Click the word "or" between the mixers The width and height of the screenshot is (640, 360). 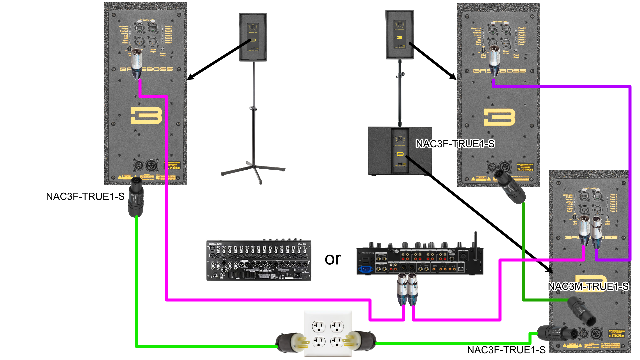point(333,259)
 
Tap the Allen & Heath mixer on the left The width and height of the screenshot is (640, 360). point(259,260)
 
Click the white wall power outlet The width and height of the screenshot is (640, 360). point(328,334)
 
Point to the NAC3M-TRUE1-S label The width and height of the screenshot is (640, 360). point(588,286)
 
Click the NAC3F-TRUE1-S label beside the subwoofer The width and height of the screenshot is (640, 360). point(455,144)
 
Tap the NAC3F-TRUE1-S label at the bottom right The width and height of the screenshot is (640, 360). point(506,350)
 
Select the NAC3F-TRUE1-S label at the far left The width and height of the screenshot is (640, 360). point(85,197)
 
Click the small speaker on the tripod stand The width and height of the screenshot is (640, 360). point(253,37)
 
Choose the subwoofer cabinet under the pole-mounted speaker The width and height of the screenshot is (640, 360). point(400,151)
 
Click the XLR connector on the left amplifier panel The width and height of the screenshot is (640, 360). point(136,64)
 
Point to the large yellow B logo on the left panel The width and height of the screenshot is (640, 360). point(146,115)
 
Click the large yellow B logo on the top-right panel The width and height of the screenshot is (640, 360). point(499,117)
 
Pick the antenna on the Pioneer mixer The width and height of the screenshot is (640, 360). point(476,240)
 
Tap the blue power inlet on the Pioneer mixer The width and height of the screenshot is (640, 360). point(366,269)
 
